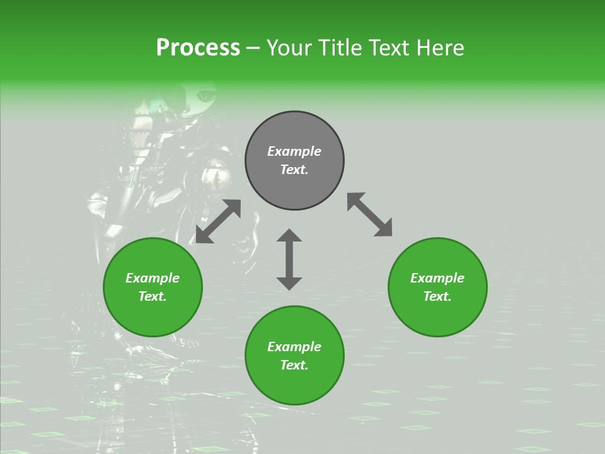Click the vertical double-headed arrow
[x=289, y=259]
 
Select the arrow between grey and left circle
[x=218, y=221]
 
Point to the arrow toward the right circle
[x=369, y=215]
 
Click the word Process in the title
[x=198, y=47]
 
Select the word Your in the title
[x=291, y=47]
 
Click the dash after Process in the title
[x=253, y=49]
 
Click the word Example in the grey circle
[x=294, y=151]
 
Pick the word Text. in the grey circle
[x=294, y=170]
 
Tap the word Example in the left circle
[x=153, y=278]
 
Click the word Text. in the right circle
[x=437, y=296]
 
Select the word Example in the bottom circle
[x=294, y=347]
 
